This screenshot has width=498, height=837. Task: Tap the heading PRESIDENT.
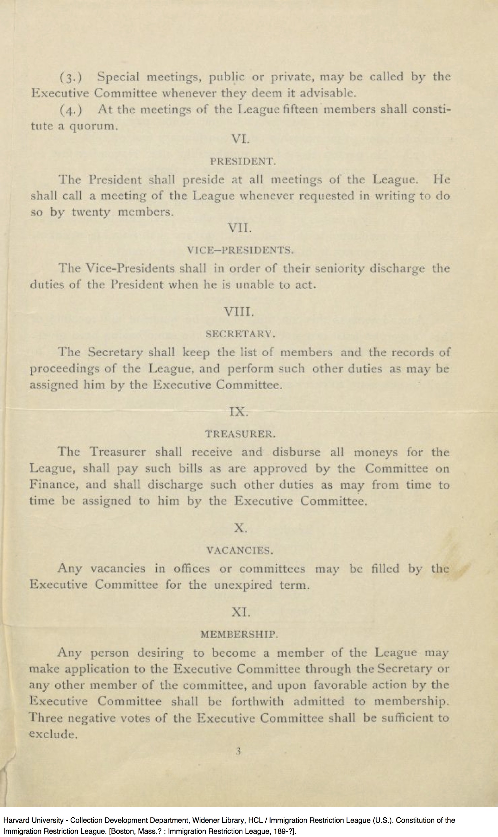243,162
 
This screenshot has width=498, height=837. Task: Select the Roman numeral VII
239,228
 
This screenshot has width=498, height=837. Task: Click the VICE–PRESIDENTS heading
240,250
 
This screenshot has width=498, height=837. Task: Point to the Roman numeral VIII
239,312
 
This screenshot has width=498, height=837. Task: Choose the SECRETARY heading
240,334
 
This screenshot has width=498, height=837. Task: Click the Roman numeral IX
238,412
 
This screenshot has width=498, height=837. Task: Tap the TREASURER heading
240,434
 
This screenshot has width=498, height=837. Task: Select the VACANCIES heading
240,550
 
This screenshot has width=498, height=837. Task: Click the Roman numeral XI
241,612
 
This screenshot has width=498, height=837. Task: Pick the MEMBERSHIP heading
239,635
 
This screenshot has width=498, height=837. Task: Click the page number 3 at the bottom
238,751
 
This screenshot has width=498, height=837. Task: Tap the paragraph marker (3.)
71,78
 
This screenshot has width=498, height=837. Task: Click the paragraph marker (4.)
71,110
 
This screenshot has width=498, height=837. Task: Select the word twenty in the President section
90,212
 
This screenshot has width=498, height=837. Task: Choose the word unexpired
243,585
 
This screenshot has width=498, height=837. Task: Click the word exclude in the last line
53,734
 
